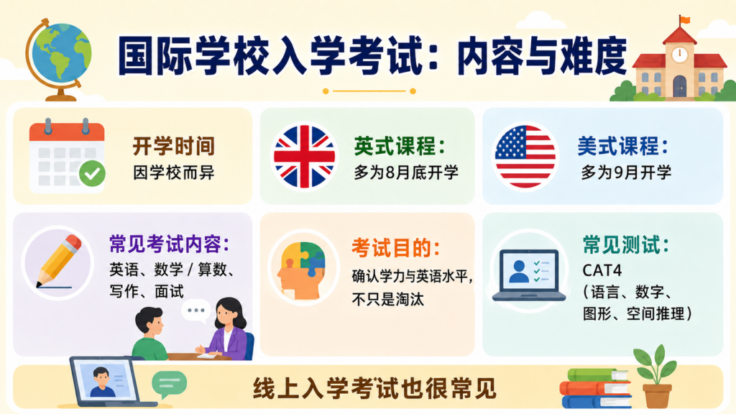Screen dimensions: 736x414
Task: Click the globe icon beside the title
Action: coord(59,59)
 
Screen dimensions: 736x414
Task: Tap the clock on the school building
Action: coord(679,55)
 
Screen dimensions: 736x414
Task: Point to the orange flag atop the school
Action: coord(685,19)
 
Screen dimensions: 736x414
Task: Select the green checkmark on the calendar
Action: coord(92,174)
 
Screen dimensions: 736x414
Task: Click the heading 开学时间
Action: coord(174,147)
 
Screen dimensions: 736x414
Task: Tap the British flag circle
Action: coord(304,156)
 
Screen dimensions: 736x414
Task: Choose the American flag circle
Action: coord(525,156)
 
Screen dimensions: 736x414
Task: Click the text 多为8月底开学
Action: coord(406,172)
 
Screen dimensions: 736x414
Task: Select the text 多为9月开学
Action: coord(626,172)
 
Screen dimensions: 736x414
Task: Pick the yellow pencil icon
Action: coord(59,261)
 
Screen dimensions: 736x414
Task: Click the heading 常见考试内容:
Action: coord(170,244)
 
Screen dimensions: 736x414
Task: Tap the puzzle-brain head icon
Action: coord(303,270)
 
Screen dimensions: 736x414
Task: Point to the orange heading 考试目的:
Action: coord(396,248)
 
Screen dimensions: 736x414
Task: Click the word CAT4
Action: coord(602,270)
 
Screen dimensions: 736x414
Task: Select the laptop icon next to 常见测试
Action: coord(529,275)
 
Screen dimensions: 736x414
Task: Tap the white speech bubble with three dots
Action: coord(195,310)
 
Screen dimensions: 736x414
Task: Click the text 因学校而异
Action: coord(174,172)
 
